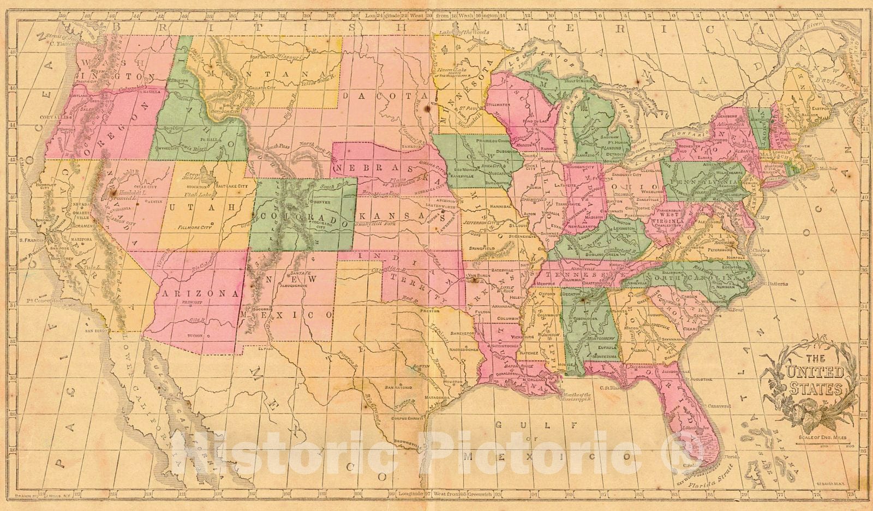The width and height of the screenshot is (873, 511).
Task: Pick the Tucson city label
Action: tap(194, 335)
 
